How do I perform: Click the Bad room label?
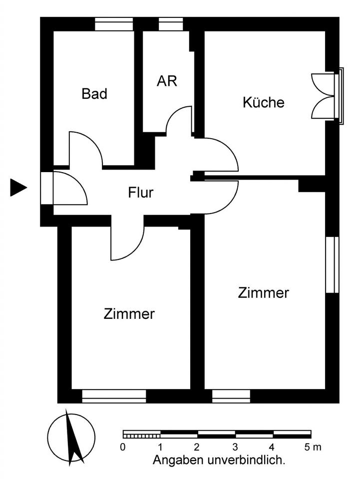tap(94, 93)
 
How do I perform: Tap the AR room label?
tap(167, 81)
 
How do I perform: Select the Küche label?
tap(263, 102)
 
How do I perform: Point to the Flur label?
tap(140, 192)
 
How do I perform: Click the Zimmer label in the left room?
tap(129, 314)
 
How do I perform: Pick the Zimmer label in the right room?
tap(263, 292)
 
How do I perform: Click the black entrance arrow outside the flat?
tap(18, 188)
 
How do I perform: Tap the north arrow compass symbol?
tap(71, 437)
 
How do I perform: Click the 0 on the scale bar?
tap(123, 447)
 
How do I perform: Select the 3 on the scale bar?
tap(235, 447)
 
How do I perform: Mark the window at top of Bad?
tap(114, 24)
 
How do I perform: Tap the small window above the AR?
tap(171, 24)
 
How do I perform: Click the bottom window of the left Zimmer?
tap(114, 396)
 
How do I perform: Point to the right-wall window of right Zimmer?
tap(332, 264)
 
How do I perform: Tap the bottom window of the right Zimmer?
tap(231, 396)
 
